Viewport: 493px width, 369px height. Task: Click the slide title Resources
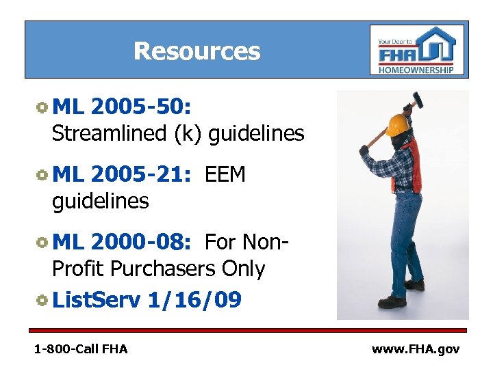point(197,51)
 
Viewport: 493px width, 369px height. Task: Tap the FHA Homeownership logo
point(416,50)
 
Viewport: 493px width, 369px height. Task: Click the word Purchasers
point(165,269)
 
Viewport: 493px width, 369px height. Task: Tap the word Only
point(243,269)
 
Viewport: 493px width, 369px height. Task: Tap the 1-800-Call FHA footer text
point(81,349)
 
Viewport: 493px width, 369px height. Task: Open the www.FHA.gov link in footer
point(415,349)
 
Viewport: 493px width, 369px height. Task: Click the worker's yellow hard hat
point(396,124)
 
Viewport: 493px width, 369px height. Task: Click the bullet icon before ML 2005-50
point(42,107)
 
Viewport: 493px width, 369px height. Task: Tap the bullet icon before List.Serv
point(42,299)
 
